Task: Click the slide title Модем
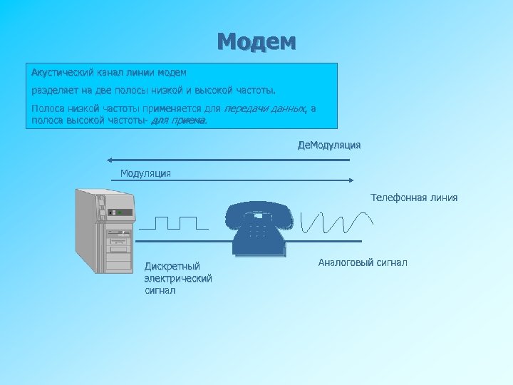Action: [x=256, y=41]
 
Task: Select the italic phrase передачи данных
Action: [x=265, y=109]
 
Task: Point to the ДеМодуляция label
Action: [x=328, y=145]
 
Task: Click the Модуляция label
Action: [x=145, y=173]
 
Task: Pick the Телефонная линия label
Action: [x=414, y=197]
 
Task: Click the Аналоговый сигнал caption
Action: [x=363, y=263]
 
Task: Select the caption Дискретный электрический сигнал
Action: [x=177, y=278]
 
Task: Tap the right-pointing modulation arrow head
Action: [x=352, y=180]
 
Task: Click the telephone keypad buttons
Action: [x=256, y=230]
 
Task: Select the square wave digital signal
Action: [x=175, y=222]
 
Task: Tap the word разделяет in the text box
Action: [x=53, y=91]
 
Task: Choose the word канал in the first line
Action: [x=108, y=73]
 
